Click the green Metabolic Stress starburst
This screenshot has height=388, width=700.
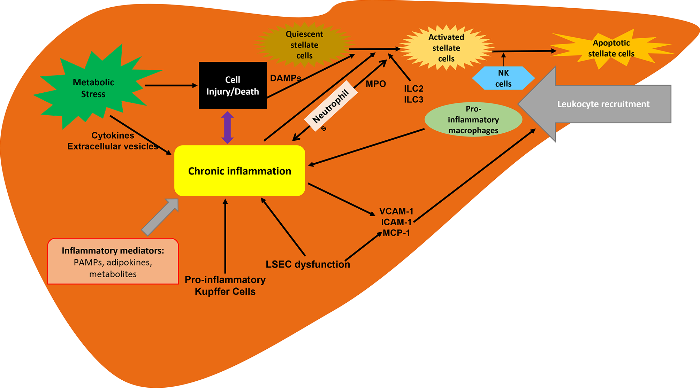point(93,88)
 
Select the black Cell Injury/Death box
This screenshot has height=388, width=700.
point(233,85)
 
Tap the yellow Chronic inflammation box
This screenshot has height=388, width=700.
point(239,171)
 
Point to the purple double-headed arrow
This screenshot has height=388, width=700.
point(227,127)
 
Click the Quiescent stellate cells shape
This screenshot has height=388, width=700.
point(304,45)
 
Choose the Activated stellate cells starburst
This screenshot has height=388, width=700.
point(446,48)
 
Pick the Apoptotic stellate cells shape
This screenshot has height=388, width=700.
point(611,48)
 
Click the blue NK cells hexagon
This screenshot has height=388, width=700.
point(503,78)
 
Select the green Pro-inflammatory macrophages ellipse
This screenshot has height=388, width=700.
point(473,119)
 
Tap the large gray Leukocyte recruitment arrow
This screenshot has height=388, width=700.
point(603,104)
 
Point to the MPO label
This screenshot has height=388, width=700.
point(375,84)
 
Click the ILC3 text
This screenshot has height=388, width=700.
point(413,100)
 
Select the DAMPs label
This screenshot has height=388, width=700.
point(285,78)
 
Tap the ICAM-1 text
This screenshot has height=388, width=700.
point(396,222)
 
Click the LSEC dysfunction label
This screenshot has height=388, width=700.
point(307,264)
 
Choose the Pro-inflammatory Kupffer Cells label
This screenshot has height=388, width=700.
point(225,286)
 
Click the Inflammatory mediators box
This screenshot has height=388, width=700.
point(113,262)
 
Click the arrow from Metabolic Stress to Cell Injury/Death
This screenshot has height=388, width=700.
point(171,85)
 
